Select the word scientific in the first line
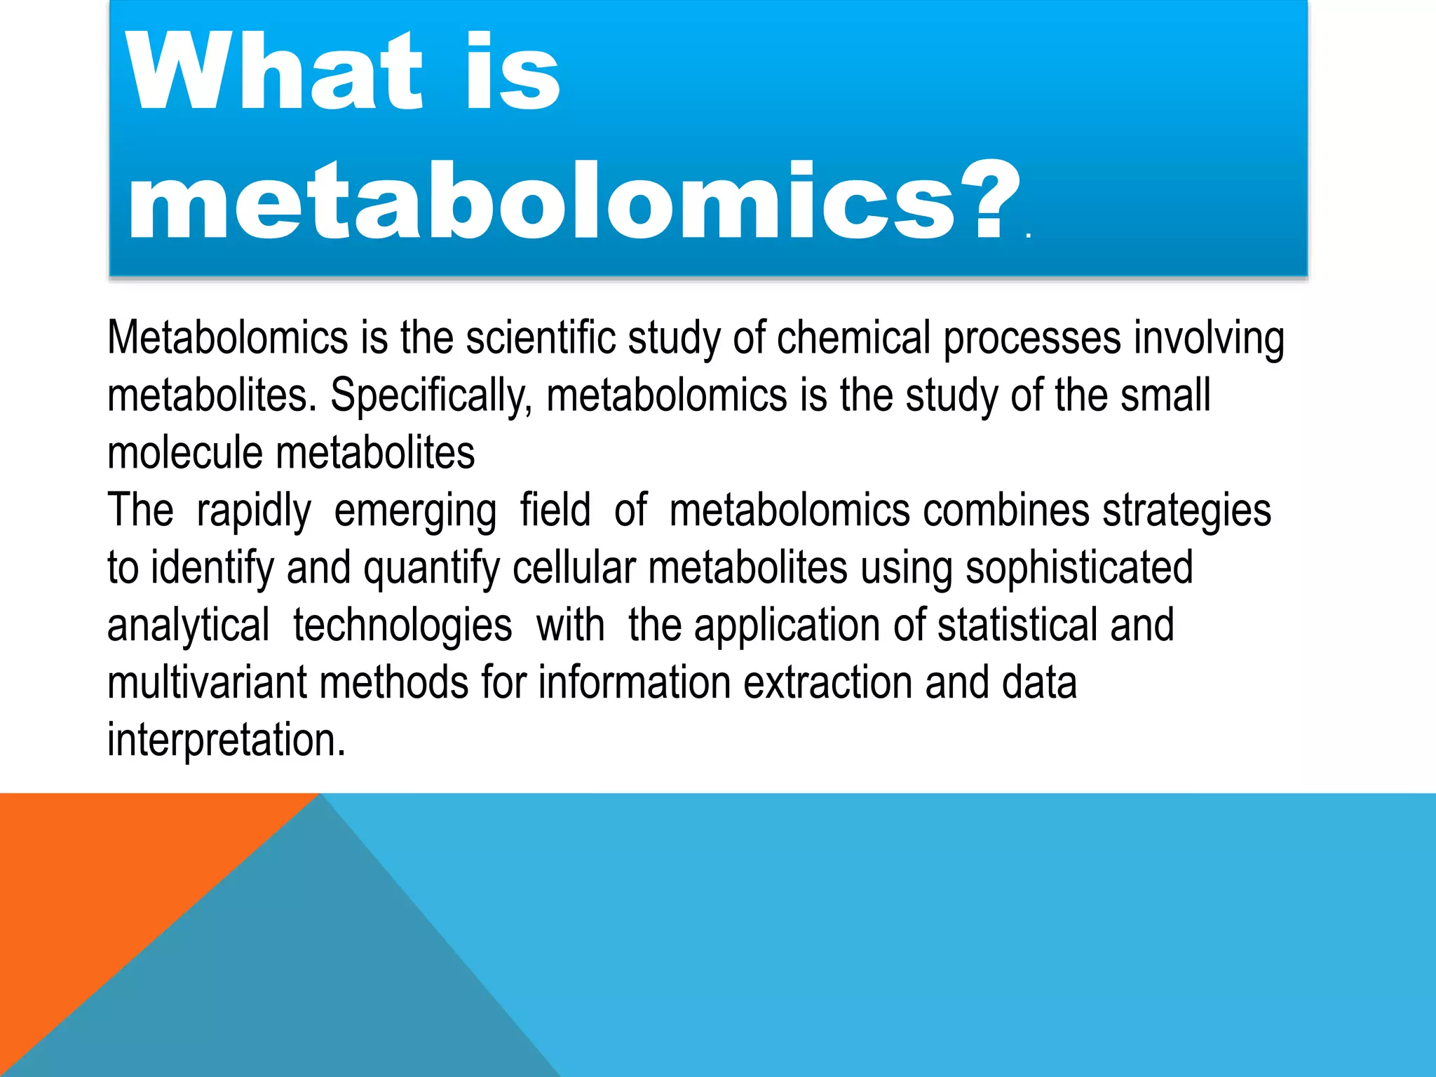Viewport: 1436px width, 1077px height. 540,338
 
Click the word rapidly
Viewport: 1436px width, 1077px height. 254,511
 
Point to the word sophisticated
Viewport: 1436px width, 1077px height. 1079,569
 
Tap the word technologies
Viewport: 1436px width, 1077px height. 402,626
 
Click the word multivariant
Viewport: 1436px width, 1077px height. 207,682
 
